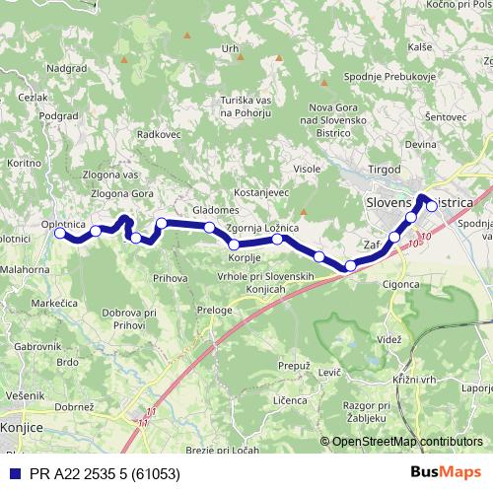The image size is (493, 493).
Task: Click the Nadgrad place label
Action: click(x=66, y=69)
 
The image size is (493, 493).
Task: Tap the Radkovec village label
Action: click(x=159, y=133)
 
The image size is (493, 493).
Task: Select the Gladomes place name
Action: click(x=216, y=210)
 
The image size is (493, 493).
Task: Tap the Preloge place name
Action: click(x=214, y=310)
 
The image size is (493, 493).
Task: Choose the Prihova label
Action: click(x=170, y=279)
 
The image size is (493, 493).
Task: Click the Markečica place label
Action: click(x=54, y=304)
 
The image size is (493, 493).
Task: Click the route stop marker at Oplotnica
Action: click(x=60, y=234)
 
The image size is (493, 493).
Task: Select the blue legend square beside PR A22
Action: click(x=11, y=473)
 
